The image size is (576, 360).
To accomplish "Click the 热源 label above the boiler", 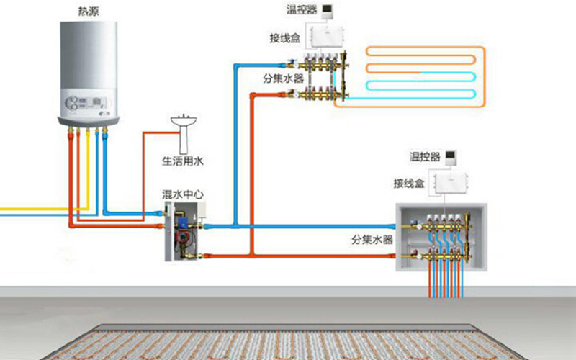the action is pyautogui.click(x=89, y=11).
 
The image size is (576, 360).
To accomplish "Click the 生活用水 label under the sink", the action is pyautogui.click(x=183, y=161).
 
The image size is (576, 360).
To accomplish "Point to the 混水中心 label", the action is pyautogui.click(x=183, y=194).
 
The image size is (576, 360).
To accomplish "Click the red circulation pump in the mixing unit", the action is pyautogui.click(x=181, y=238).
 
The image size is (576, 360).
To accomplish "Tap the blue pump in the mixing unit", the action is pyautogui.click(x=183, y=222).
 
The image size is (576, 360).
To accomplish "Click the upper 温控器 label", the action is pyautogui.click(x=302, y=9).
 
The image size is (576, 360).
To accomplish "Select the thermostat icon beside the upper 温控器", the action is pyautogui.click(x=328, y=12).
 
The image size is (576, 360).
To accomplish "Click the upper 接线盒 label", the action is pyautogui.click(x=285, y=38).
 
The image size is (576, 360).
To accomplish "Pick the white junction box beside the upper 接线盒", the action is pyautogui.click(x=327, y=37).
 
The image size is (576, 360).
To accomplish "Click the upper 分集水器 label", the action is pyautogui.click(x=284, y=78).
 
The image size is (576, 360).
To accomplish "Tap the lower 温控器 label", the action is pyautogui.click(x=425, y=157).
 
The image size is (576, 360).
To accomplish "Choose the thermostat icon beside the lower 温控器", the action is pyautogui.click(x=451, y=158).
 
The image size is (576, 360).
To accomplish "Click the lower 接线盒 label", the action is pyautogui.click(x=409, y=183).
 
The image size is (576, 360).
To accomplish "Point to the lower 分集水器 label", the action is pyautogui.click(x=372, y=240).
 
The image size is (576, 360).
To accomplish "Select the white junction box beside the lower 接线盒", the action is pyautogui.click(x=451, y=183).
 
